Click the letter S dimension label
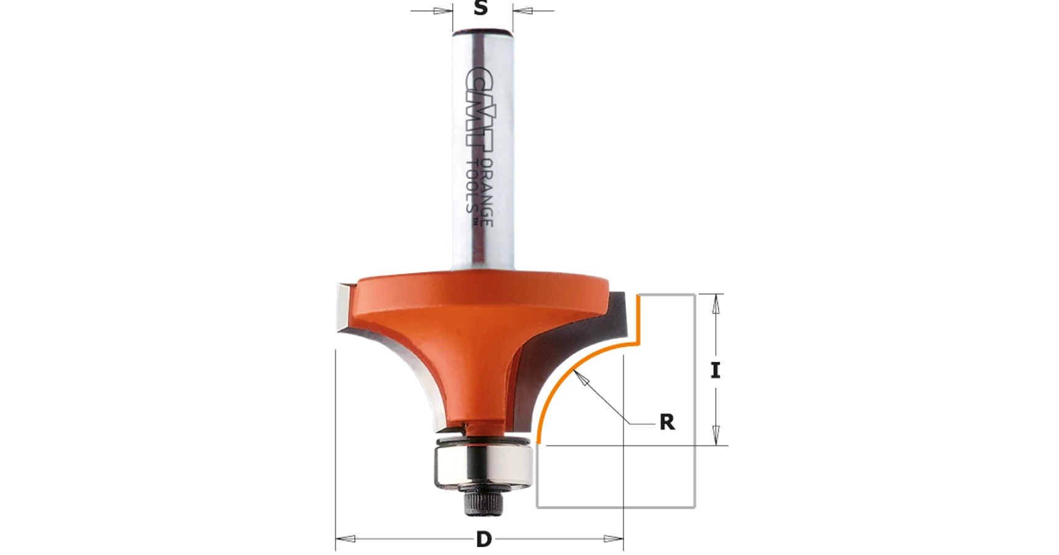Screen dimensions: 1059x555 tap(481, 8)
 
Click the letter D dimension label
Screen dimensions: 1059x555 tap(484, 540)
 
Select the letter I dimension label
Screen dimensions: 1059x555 tap(715, 370)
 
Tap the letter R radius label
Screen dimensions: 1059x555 tap(667, 422)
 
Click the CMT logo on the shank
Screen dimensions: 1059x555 tap(480, 106)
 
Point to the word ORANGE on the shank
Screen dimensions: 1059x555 tap(486, 192)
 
